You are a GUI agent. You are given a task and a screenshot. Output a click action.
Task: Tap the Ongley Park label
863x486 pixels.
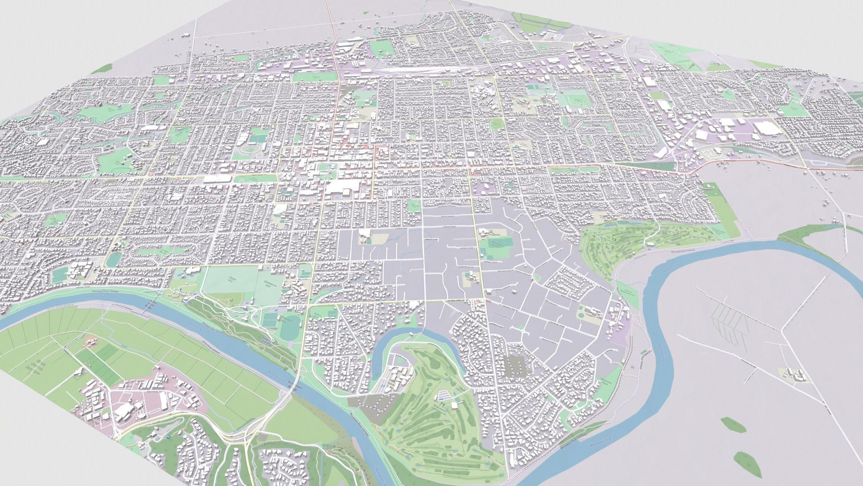pyautogui.click(x=233, y=278)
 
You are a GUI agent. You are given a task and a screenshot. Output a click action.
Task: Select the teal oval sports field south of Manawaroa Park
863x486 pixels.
pyautogui.click(x=288, y=331)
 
